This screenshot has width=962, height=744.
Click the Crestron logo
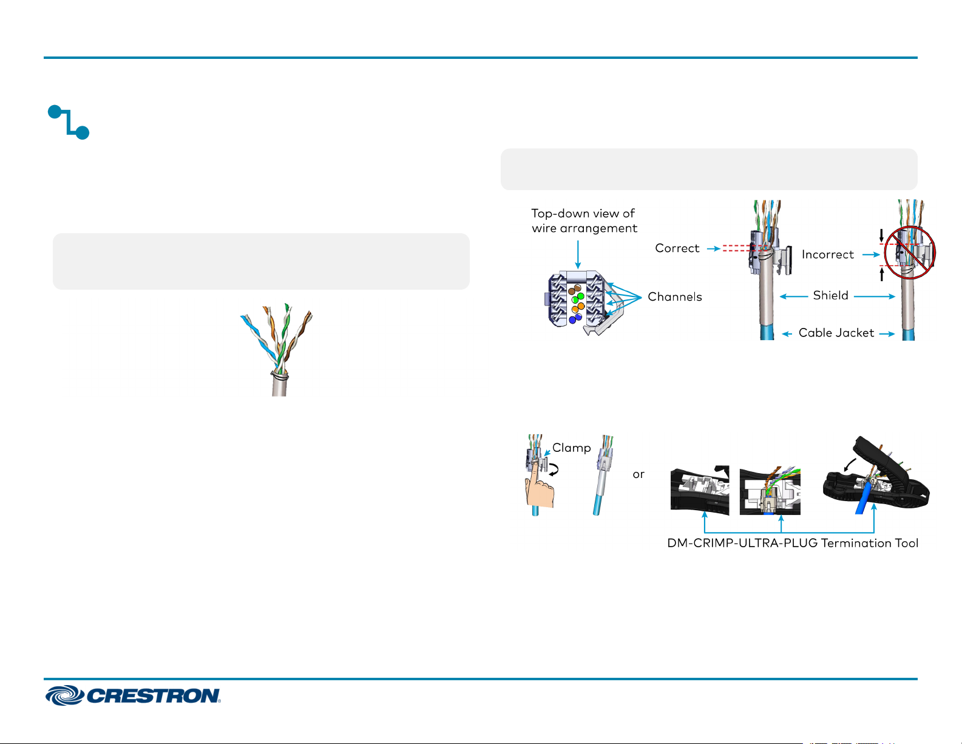[133, 695]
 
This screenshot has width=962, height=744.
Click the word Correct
[677, 248]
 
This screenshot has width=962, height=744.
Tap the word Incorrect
[827, 254]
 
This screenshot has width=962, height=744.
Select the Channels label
[675, 297]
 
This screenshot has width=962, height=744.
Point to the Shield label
[830, 295]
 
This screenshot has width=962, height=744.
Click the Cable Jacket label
[836, 333]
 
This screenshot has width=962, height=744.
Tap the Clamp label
[572, 448]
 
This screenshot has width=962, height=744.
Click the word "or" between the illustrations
[639, 474]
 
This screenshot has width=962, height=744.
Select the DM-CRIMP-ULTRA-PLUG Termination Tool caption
[793, 543]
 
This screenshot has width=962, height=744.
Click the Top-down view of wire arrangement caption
[584, 220]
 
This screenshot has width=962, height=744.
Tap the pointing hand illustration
[539, 486]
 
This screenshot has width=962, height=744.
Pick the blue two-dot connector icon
[69, 122]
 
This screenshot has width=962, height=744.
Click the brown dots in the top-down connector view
[575, 290]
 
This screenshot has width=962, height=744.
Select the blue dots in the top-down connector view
[575, 318]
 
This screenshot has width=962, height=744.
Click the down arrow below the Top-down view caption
[578, 254]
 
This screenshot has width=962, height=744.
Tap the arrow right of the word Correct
[714, 249]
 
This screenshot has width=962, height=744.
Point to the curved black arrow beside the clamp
[554, 469]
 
